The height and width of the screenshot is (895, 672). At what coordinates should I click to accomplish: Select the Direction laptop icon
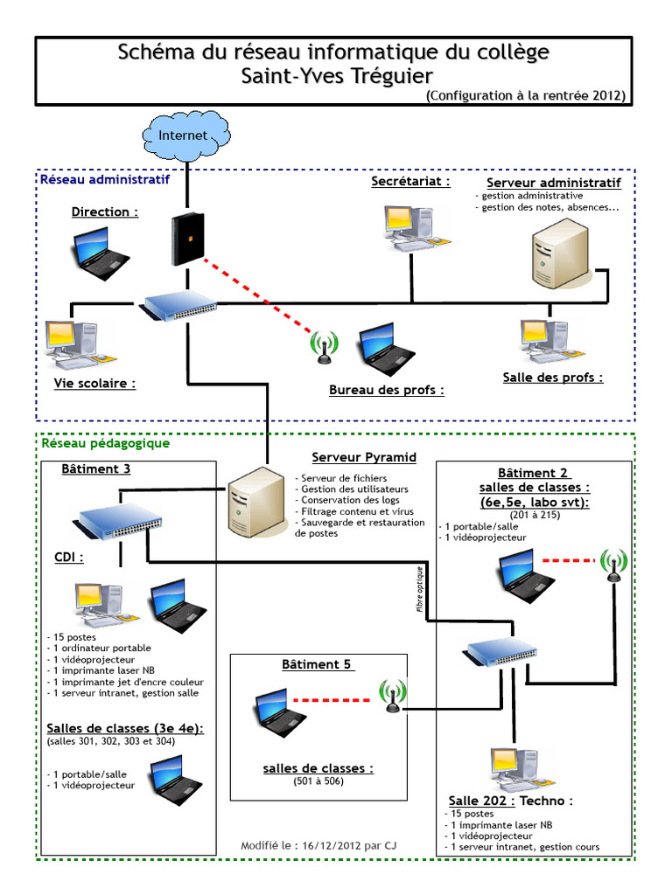pyautogui.click(x=99, y=253)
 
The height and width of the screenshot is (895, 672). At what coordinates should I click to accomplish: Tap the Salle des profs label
pyautogui.click(x=553, y=378)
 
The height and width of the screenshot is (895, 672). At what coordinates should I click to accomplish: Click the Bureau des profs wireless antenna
pyautogui.click(x=324, y=346)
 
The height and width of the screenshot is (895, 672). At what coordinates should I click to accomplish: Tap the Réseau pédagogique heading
pyautogui.click(x=105, y=443)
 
